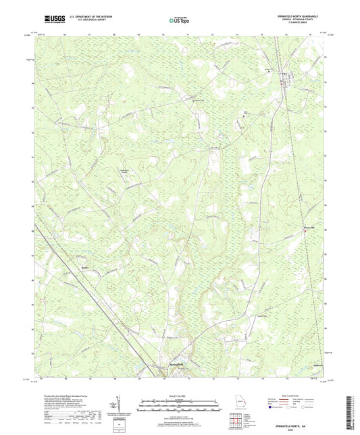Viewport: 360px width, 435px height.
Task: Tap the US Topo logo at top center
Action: click(x=178, y=20)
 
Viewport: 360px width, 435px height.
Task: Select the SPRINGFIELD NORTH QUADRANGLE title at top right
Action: click(x=292, y=16)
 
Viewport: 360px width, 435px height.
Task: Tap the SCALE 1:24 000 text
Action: click(x=179, y=396)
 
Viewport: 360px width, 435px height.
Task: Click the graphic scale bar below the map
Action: click(x=179, y=403)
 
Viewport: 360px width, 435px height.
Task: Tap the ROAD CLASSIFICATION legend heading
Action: click(x=302, y=396)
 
